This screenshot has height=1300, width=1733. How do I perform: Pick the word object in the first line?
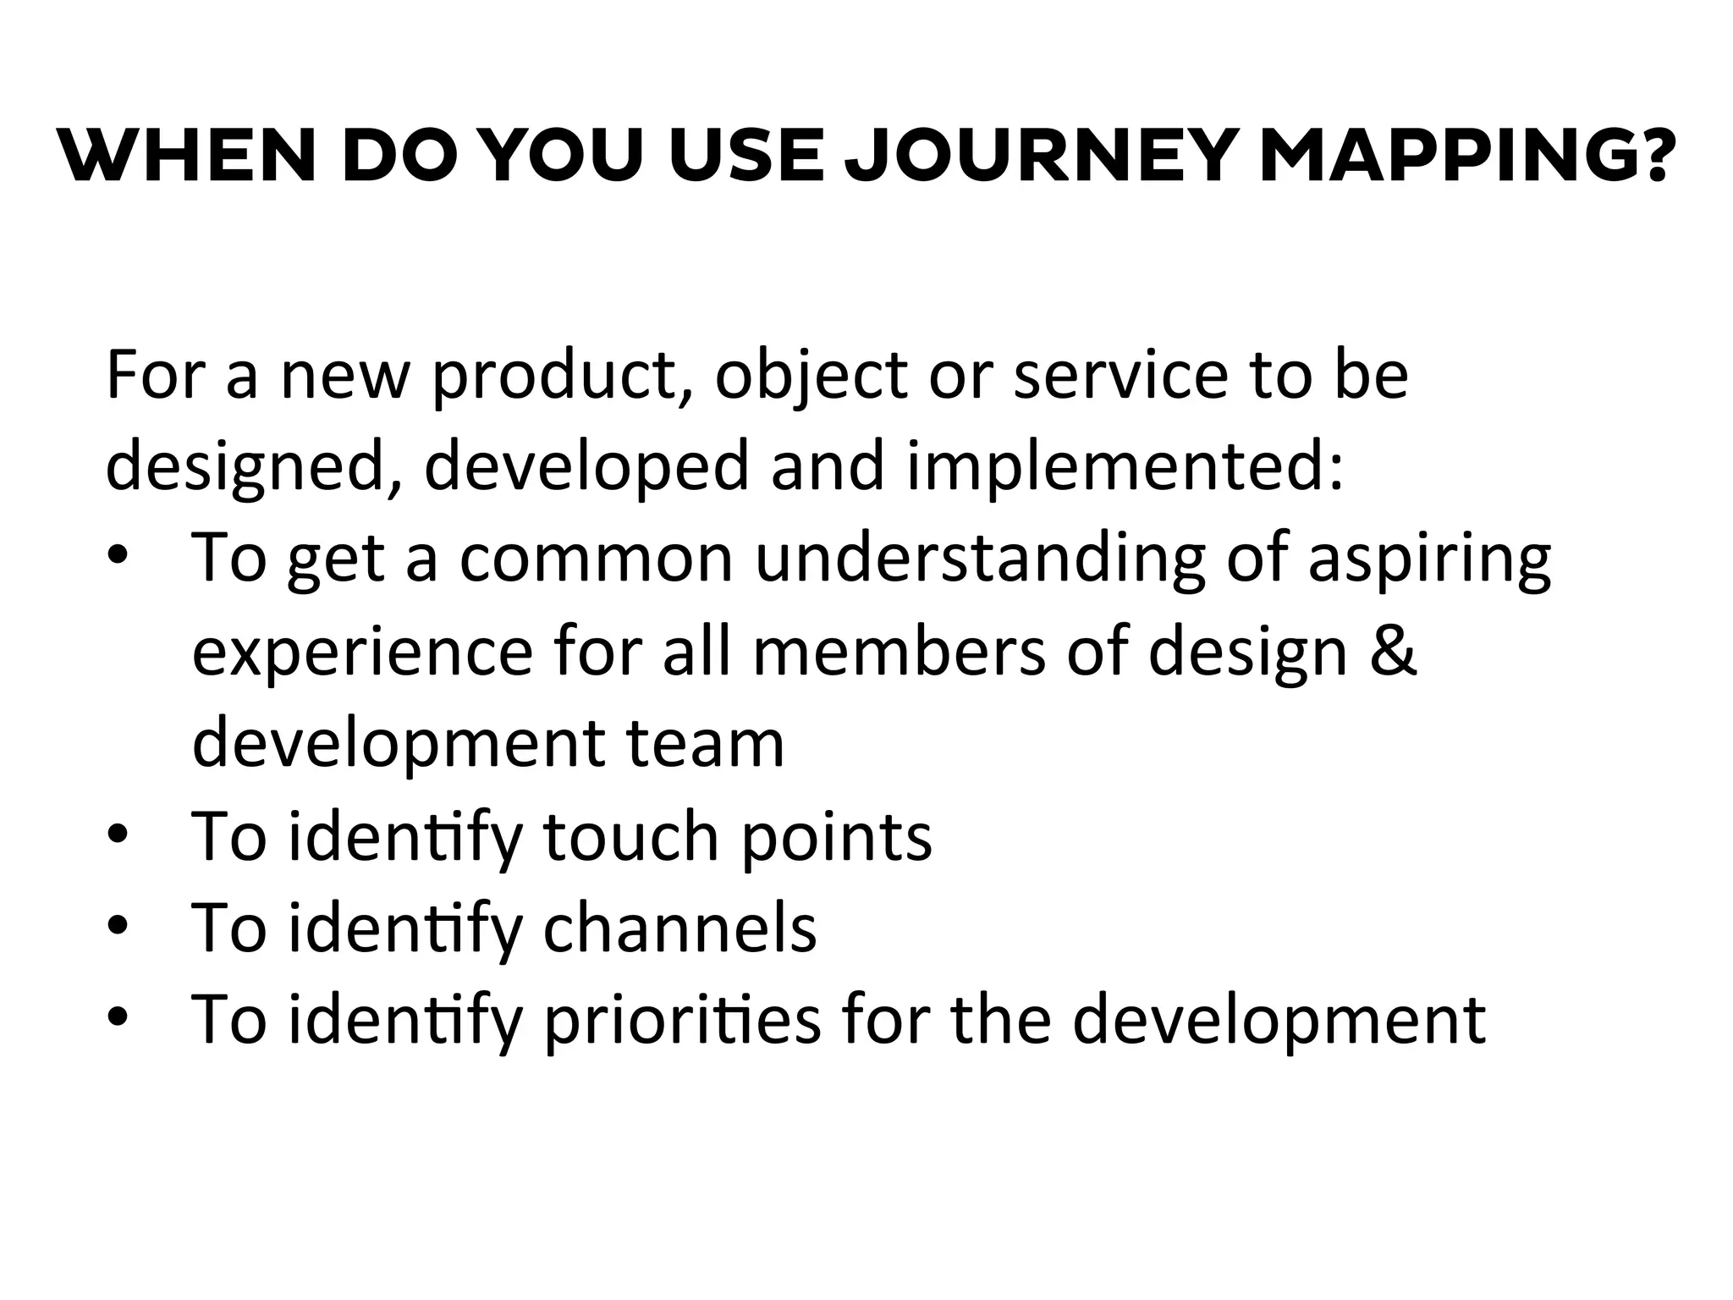811,377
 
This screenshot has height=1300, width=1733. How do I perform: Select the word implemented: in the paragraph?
1125,468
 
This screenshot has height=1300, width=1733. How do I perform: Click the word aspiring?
1429,560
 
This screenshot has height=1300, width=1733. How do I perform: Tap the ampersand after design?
1392,653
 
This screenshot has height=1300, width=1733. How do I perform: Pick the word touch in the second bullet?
630,836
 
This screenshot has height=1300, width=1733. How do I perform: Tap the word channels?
679,928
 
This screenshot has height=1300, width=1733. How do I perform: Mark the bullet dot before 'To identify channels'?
118,927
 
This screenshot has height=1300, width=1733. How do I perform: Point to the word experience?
363,653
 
